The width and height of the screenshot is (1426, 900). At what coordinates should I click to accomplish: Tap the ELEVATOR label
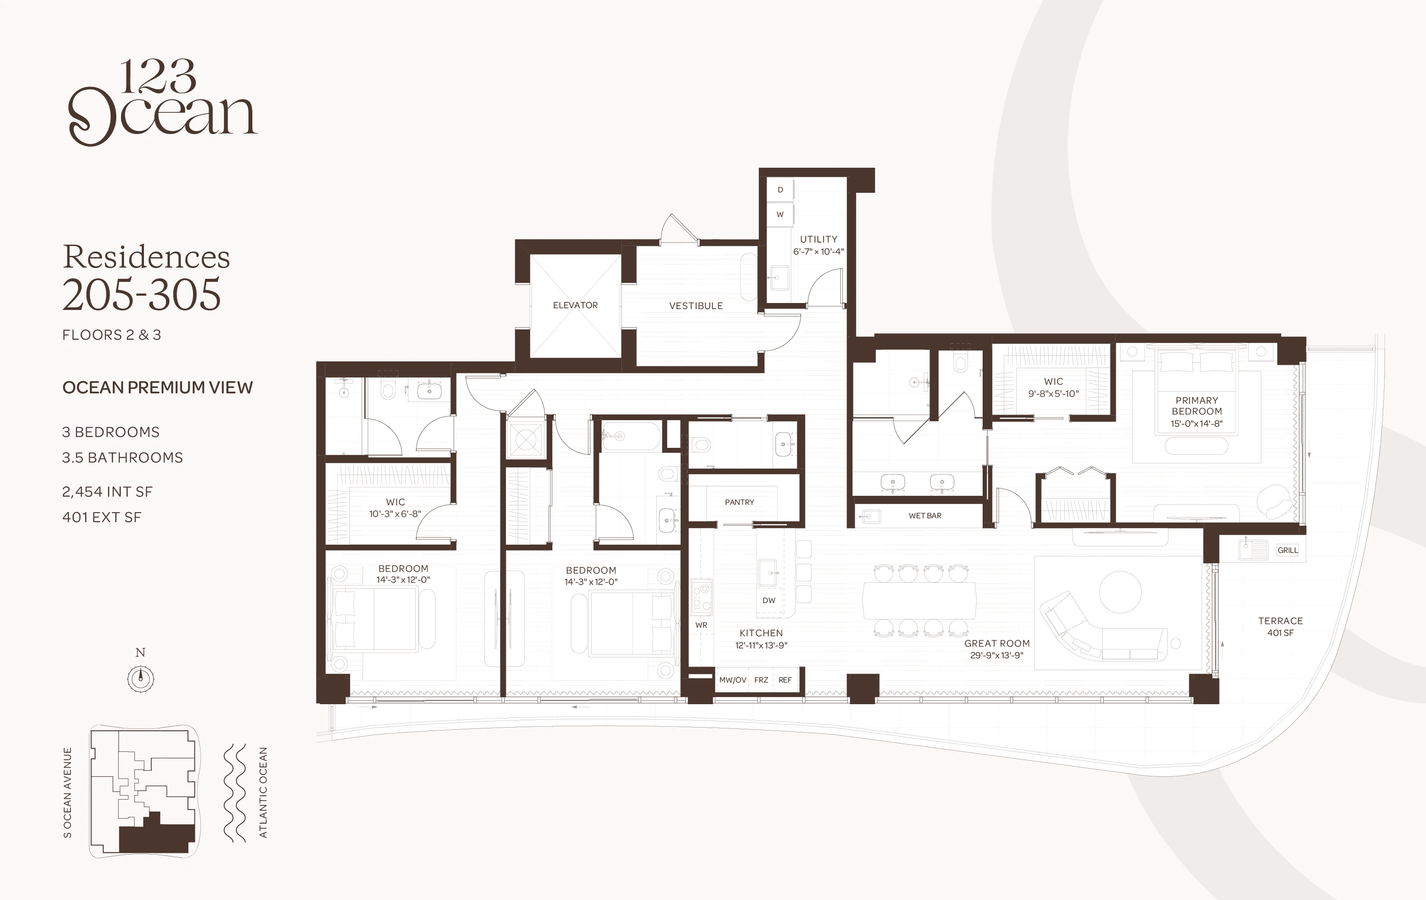(x=575, y=305)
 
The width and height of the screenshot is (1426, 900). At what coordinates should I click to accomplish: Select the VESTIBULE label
(x=696, y=306)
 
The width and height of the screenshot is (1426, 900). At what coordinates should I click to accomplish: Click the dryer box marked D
(x=780, y=190)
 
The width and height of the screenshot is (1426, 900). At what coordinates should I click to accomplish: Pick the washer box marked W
(x=780, y=214)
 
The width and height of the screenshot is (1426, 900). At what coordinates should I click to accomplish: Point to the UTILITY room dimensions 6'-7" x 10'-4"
(x=819, y=251)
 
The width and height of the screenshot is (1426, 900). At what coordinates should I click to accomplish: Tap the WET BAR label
(x=925, y=515)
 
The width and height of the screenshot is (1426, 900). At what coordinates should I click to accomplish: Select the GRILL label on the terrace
(x=1287, y=550)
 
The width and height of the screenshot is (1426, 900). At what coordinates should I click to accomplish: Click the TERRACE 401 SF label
(x=1280, y=626)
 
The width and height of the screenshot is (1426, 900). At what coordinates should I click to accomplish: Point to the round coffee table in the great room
(x=1120, y=591)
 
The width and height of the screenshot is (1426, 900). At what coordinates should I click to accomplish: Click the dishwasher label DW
(x=769, y=600)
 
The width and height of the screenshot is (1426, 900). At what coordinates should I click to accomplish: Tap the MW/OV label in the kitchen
(x=732, y=680)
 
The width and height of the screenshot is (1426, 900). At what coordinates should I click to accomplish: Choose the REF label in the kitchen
(x=785, y=680)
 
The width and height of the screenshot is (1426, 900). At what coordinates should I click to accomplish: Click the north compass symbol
(x=141, y=678)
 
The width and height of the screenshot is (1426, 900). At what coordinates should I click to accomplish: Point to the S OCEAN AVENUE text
(x=67, y=792)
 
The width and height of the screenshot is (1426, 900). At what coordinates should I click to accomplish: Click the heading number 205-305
(x=142, y=294)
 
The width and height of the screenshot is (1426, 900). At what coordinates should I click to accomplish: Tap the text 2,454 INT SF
(x=107, y=492)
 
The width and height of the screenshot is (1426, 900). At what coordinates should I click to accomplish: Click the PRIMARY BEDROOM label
(x=1196, y=406)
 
